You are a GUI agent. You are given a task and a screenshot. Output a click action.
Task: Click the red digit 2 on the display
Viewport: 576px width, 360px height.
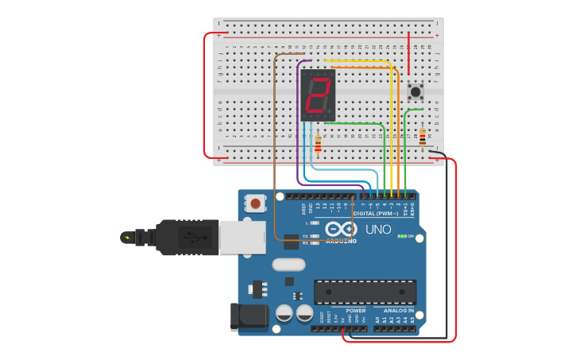(x=319, y=95)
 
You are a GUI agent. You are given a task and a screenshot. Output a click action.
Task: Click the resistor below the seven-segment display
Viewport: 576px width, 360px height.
(x=319, y=143)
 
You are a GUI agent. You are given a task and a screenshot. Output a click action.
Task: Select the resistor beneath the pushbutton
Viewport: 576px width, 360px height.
(x=422, y=138)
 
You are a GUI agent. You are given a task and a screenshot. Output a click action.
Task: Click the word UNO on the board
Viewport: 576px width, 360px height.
(x=378, y=229)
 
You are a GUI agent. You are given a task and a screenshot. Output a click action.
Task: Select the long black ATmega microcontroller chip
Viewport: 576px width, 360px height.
(x=365, y=292)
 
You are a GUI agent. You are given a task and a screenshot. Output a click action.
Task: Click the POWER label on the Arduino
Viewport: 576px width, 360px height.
(x=356, y=311)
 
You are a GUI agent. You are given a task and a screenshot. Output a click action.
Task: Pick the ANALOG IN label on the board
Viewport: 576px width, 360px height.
(x=399, y=311)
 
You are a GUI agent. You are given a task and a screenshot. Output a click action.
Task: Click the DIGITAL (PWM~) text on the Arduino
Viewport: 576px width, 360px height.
(x=375, y=213)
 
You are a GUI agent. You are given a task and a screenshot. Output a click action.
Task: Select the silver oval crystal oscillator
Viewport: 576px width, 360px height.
(x=288, y=264)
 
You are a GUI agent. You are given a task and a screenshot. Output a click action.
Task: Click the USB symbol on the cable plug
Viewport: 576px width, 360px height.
(x=191, y=236)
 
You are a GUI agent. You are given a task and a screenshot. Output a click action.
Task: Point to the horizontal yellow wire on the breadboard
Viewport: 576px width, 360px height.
(x=358, y=60)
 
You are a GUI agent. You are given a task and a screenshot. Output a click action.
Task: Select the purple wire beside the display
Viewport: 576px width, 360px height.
(x=299, y=119)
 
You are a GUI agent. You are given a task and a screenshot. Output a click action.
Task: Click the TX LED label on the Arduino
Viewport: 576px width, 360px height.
(x=305, y=236)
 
